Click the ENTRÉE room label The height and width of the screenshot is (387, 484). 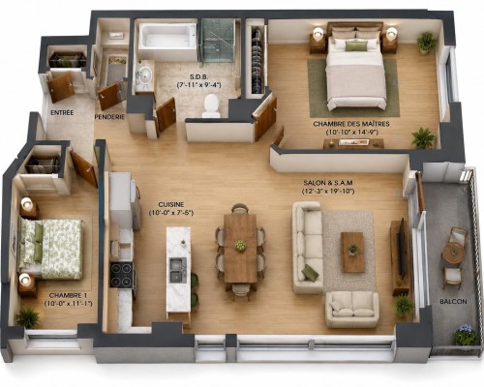coord(62,113)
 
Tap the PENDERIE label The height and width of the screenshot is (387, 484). coord(109,117)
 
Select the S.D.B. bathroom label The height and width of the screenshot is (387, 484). coord(198,77)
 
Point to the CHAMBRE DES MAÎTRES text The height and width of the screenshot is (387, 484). coord(351,124)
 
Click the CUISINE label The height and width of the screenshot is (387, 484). coord(171,205)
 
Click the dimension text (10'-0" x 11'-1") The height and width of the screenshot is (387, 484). coord(68,304)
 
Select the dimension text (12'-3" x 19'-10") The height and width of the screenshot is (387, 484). coord(328,192)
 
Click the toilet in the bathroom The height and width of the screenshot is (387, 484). coord(211,105)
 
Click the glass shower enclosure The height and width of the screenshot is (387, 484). coord(218,41)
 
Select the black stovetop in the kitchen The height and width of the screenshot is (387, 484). coord(121,275)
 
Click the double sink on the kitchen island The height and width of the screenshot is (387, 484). coord(178,270)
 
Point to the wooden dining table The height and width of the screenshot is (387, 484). coord(240,249)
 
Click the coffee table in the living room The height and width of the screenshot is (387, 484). coord(353,253)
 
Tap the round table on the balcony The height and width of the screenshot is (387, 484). coord(454,253)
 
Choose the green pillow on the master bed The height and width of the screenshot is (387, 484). coord(356,46)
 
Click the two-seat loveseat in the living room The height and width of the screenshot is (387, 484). coord(352,309)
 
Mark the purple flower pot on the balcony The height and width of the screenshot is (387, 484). coord(465,335)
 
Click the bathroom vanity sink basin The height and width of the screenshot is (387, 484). coord(144,75)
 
